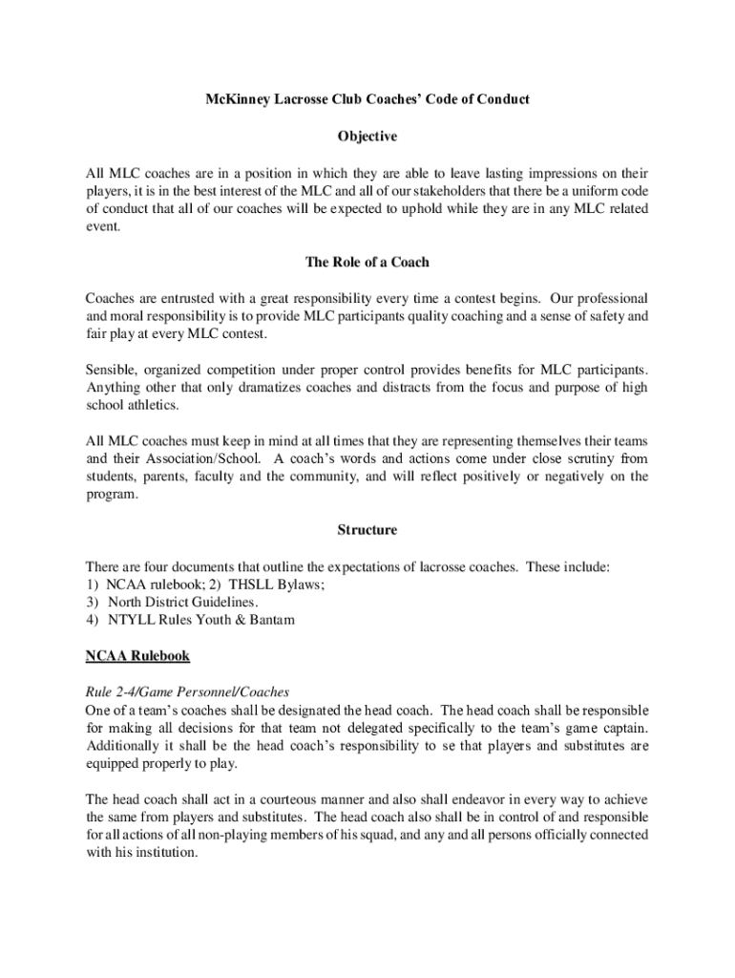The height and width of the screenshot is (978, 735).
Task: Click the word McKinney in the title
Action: (235, 99)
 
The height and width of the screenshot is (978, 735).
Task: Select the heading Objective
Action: (367, 137)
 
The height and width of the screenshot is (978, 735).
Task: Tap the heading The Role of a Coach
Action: (367, 262)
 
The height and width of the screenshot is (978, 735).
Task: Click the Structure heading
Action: (367, 529)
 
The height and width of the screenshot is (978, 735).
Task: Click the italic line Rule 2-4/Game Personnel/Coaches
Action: (187, 692)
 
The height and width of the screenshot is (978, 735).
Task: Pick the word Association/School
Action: (196, 458)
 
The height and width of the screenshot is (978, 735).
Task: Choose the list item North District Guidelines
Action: (182, 603)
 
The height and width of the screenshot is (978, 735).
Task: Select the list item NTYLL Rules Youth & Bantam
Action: (201, 621)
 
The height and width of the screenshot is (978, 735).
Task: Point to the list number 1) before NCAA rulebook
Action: (93, 585)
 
